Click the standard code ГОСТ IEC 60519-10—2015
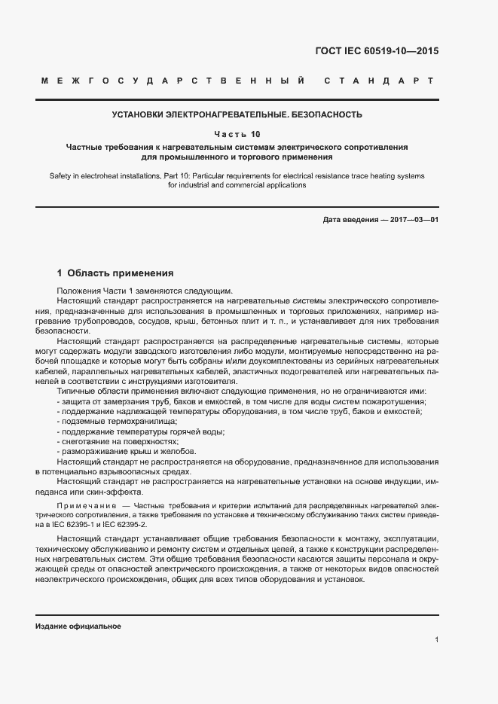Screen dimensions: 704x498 point(377,52)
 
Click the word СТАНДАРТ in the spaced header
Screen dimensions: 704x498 point(378,80)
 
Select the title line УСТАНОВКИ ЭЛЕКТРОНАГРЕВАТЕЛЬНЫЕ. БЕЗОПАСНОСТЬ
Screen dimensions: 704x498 point(237,115)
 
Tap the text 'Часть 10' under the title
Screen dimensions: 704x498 point(237,134)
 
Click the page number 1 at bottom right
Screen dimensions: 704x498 point(437,639)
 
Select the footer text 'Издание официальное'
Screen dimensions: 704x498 point(78,626)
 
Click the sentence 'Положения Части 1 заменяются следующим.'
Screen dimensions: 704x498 point(145,291)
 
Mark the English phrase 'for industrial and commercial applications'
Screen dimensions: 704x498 point(237,185)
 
